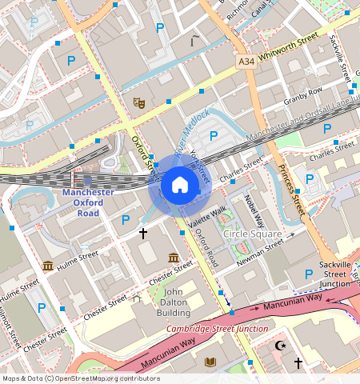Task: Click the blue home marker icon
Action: (x=180, y=186)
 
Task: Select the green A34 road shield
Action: (x=246, y=61)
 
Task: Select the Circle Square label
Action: (x=252, y=234)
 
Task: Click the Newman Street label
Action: (x=262, y=249)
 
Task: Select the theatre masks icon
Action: (x=138, y=102)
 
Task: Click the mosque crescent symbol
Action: (x=279, y=346)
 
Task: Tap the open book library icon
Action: (x=210, y=362)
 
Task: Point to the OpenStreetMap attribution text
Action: (x=80, y=378)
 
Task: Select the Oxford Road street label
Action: (x=206, y=246)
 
